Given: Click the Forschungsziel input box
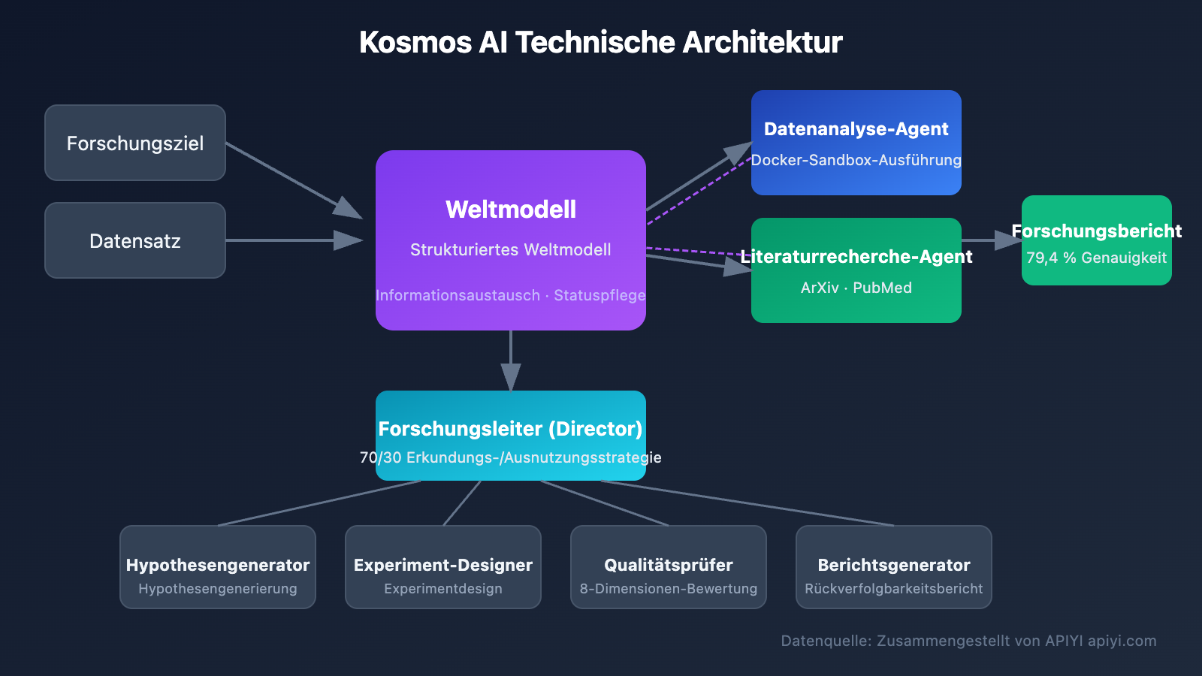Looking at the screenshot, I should point(135,143).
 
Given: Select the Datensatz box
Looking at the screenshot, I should point(135,240).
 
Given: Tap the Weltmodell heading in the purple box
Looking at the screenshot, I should point(511,210).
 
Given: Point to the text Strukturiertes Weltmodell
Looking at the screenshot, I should point(511,250).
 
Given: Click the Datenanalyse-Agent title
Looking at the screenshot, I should point(856,129).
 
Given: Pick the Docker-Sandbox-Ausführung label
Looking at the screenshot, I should point(856,160).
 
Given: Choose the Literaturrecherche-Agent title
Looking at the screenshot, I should point(856,257).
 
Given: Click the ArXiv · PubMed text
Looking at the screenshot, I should point(856,288).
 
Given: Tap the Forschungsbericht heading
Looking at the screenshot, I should point(1097,231).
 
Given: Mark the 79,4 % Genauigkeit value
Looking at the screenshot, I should point(1097,258).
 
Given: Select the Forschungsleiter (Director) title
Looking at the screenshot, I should point(511,429).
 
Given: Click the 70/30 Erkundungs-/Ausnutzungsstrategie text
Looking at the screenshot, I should point(511,457).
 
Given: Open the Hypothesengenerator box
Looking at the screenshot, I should point(218,567).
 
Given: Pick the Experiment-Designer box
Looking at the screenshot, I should point(443,567).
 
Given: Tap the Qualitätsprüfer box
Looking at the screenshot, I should point(669,567).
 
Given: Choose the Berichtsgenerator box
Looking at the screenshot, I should point(894,567).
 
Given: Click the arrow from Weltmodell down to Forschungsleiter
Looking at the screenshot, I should point(511,361).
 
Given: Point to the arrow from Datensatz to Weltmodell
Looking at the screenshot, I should point(293,240).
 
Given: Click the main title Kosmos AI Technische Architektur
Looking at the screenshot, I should point(601,43).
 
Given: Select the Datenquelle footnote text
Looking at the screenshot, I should point(968,641).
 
